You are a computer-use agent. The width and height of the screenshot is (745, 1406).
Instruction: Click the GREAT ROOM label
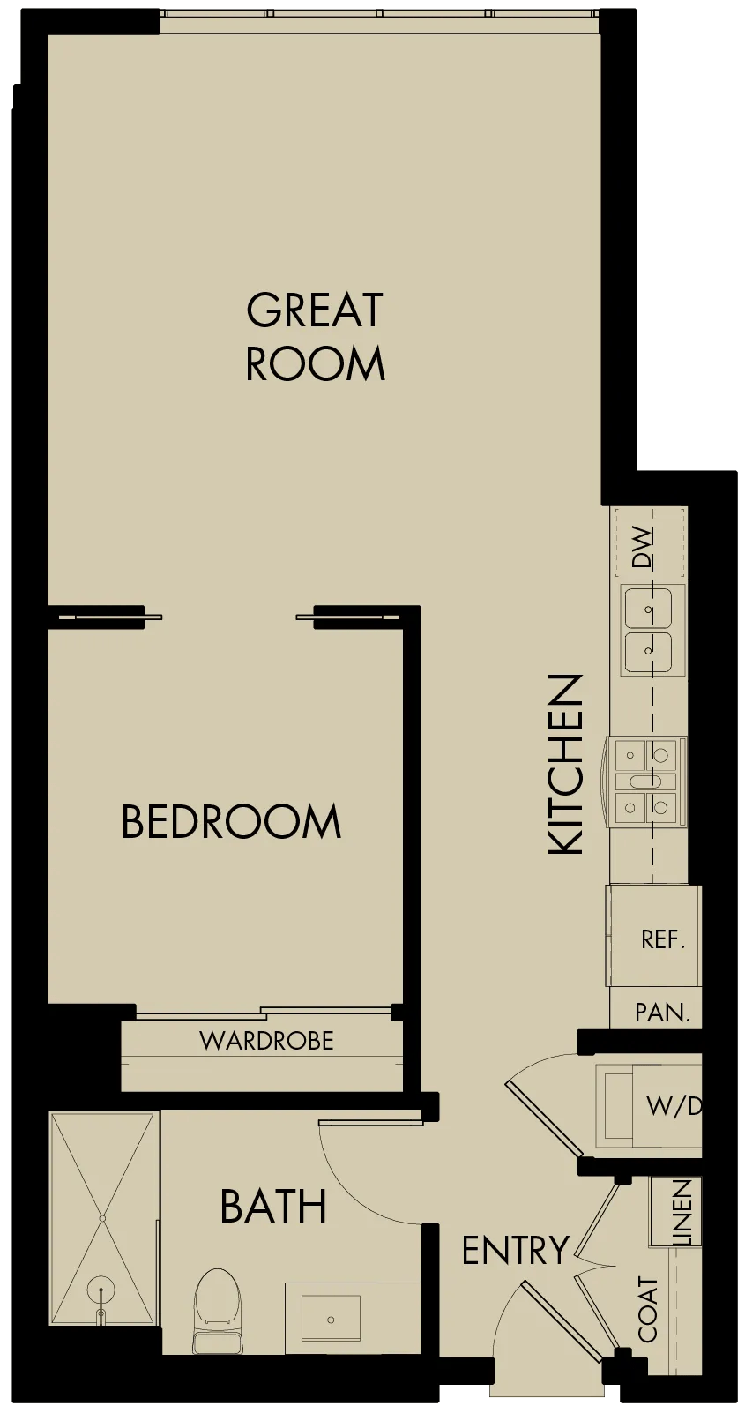[x=315, y=336]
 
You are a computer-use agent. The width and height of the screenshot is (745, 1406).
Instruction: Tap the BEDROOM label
[x=231, y=821]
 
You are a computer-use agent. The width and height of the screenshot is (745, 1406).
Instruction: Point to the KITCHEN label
[x=566, y=764]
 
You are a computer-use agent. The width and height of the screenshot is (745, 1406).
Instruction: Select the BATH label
[x=273, y=1206]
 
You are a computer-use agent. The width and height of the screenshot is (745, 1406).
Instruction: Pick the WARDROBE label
[x=267, y=1042]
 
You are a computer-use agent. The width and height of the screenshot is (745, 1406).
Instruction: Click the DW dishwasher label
[x=643, y=548]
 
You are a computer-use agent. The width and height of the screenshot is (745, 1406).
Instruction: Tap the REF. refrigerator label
[x=662, y=939]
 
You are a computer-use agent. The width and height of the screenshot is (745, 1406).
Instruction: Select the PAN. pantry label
[x=662, y=1013]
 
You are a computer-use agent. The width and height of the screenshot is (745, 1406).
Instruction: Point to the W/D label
[x=674, y=1106]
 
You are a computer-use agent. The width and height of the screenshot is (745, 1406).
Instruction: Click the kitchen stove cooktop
[x=646, y=782]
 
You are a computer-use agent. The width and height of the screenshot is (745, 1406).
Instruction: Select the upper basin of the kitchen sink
[x=648, y=608]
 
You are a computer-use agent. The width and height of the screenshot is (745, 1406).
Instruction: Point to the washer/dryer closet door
[x=545, y=1118]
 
